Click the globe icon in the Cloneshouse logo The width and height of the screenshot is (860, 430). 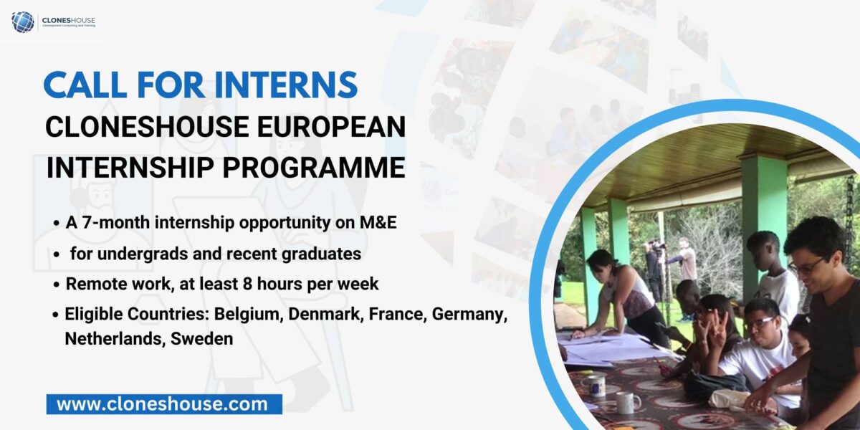coord(23,21)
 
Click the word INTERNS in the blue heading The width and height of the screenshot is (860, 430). coord(287,85)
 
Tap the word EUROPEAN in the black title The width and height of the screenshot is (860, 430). coord(331,127)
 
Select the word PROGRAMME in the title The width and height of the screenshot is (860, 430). coord(314,168)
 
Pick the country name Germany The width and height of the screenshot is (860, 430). coord(469,315)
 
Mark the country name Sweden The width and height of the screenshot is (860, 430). coord(201,339)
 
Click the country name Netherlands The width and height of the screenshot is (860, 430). coord(115,339)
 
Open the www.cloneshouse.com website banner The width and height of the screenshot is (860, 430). coord(164,404)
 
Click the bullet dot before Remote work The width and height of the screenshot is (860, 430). coord(57,285)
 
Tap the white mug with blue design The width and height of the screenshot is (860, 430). coord(595,385)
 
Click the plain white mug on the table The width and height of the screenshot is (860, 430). coord(627,402)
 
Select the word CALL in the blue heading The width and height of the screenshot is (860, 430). coord(85,85)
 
